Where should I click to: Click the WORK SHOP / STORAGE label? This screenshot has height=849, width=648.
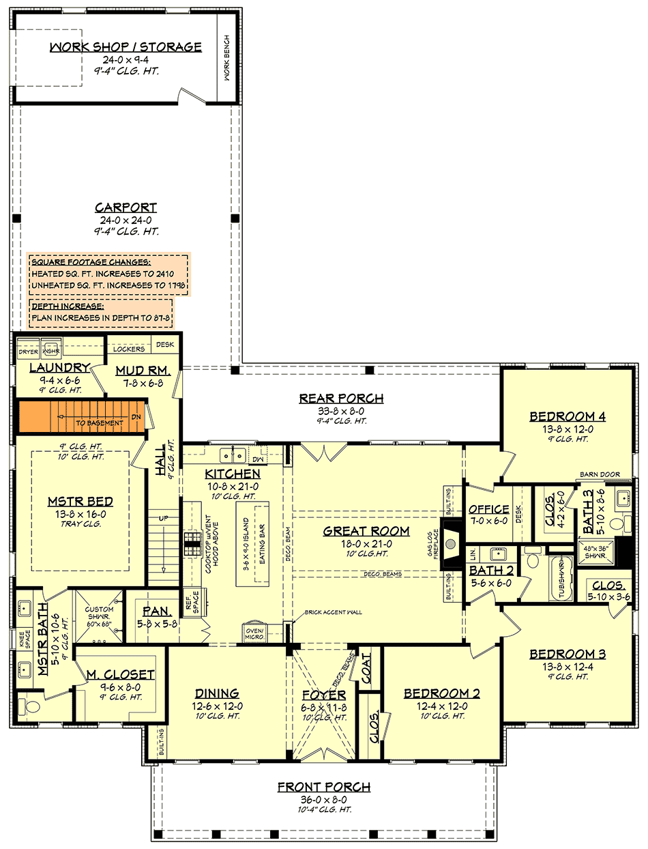click(x=126, y=47)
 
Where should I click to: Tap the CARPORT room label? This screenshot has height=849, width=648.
click(x=126, y=207)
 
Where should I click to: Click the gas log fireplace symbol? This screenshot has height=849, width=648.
click(x=450, y=543)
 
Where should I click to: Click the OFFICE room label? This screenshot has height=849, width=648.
click(x=488, y=509)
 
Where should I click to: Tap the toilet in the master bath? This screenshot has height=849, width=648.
click(x=27, y=704)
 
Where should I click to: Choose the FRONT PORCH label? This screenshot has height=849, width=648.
click(x=323, y=787)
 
